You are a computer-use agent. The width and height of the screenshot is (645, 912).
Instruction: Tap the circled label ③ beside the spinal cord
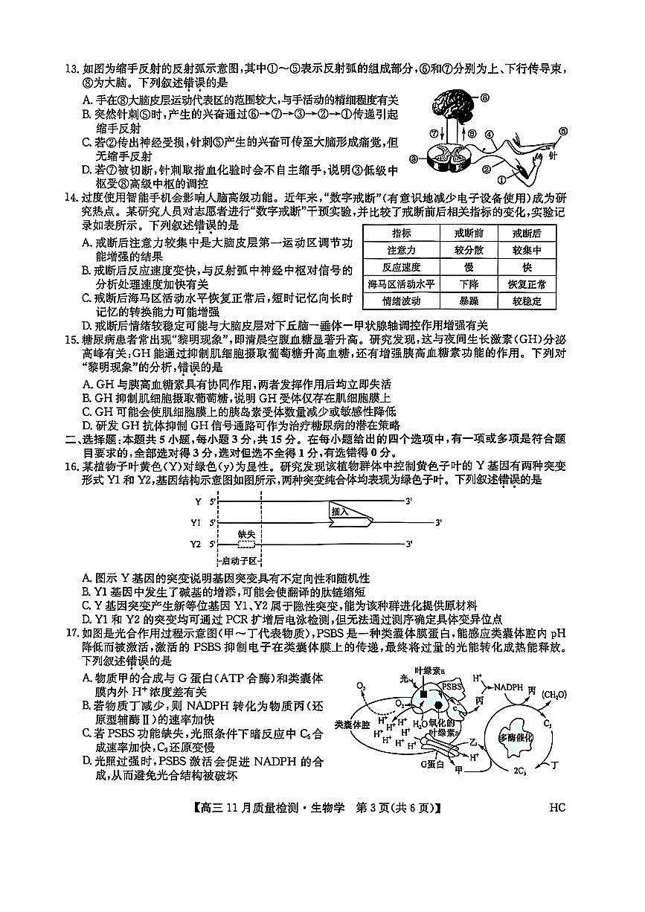pyautogui.click(x=414, y=158)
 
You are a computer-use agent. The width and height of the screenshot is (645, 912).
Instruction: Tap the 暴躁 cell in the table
pyautogui.click(x=469, y=301)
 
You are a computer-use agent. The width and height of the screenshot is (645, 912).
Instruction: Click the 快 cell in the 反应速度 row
pyautogui.click(x=527, y=267)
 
